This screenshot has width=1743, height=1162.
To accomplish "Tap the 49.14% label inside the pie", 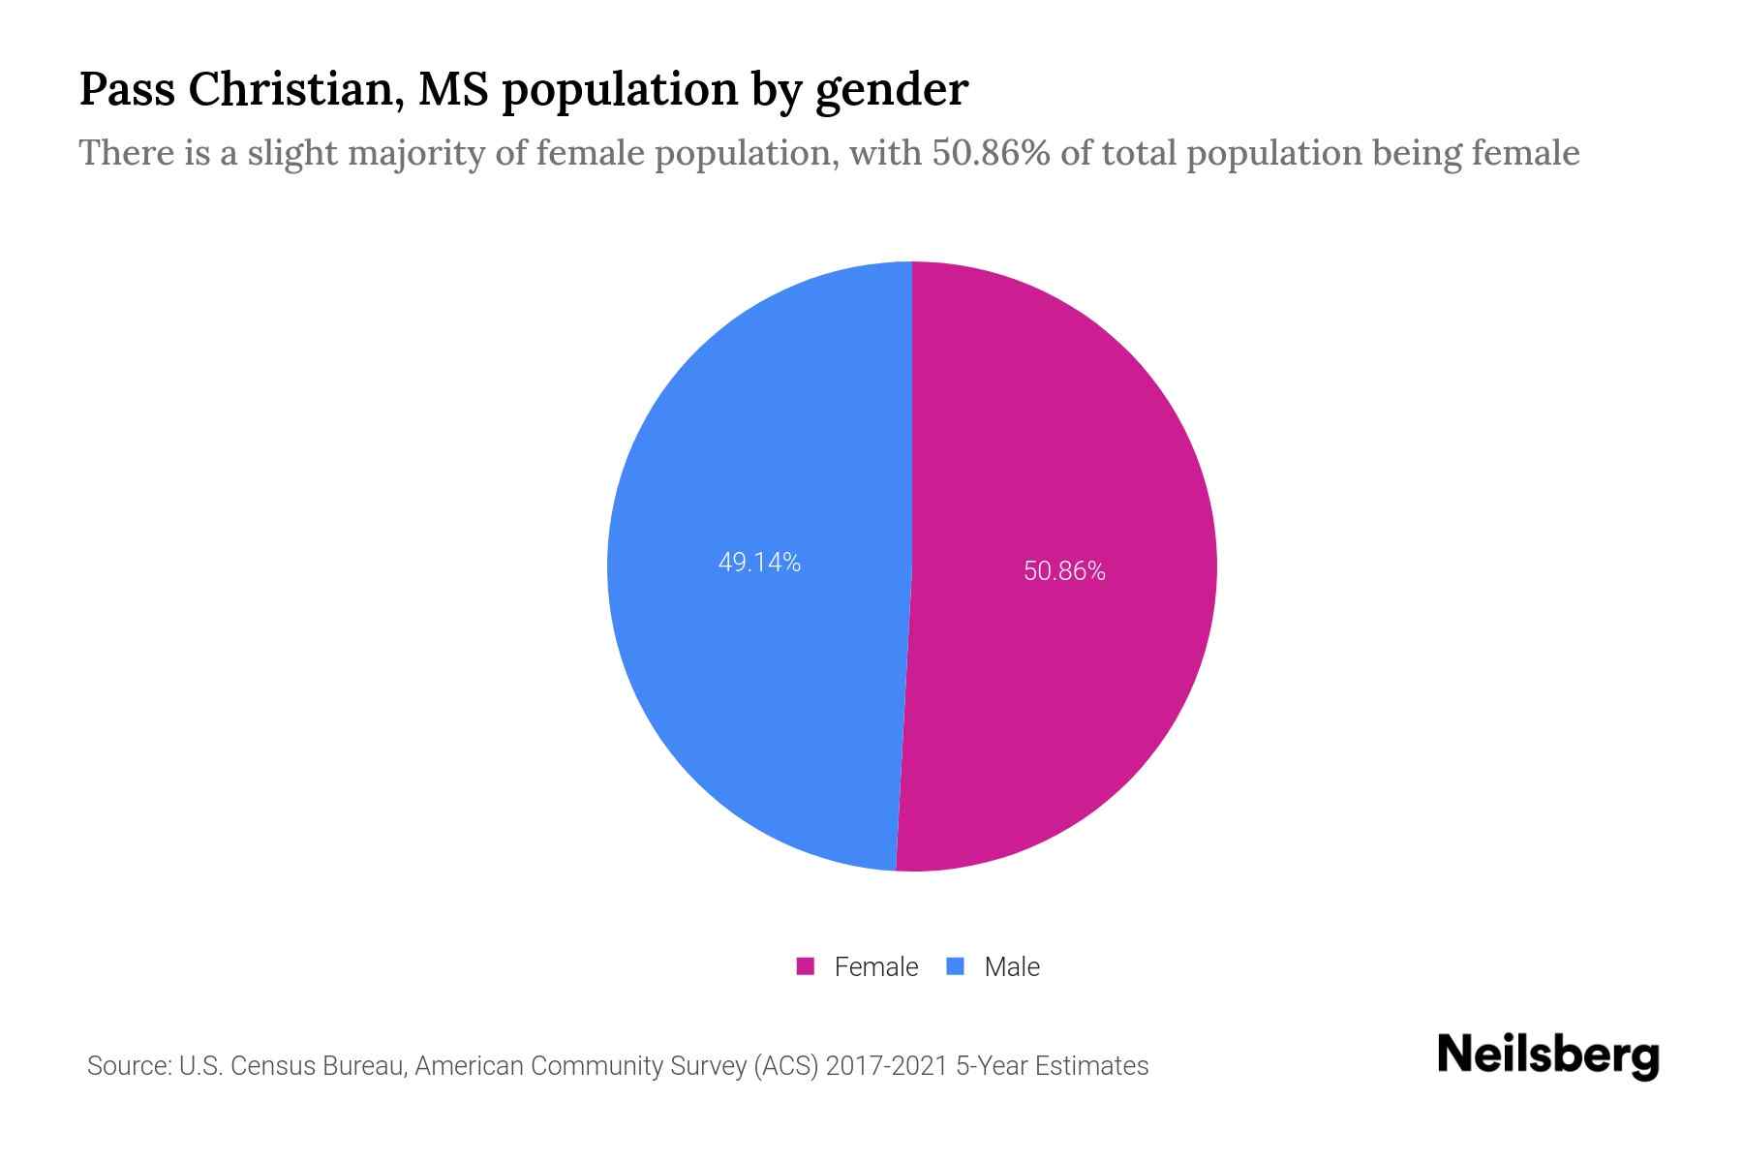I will click(759, 563).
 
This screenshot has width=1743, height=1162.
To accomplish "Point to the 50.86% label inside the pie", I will click(1064, 571).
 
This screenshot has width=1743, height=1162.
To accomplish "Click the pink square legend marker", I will click(805, 966).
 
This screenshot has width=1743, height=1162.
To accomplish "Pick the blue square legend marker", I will click(956, 966).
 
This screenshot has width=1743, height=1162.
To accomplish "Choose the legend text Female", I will click(875, 966).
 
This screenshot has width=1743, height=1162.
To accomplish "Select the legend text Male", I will click(1011, 966).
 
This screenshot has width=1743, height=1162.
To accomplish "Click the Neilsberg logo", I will click(1547, 1055).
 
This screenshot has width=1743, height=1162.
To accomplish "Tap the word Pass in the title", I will click(126, 89).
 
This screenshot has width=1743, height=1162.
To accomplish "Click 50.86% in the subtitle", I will click(991, 153).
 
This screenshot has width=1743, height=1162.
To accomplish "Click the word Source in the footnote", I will click(128, 1066).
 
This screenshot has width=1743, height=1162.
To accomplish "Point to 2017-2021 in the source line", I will click(885, 1066).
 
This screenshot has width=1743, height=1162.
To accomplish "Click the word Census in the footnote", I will click(275, 1066).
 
